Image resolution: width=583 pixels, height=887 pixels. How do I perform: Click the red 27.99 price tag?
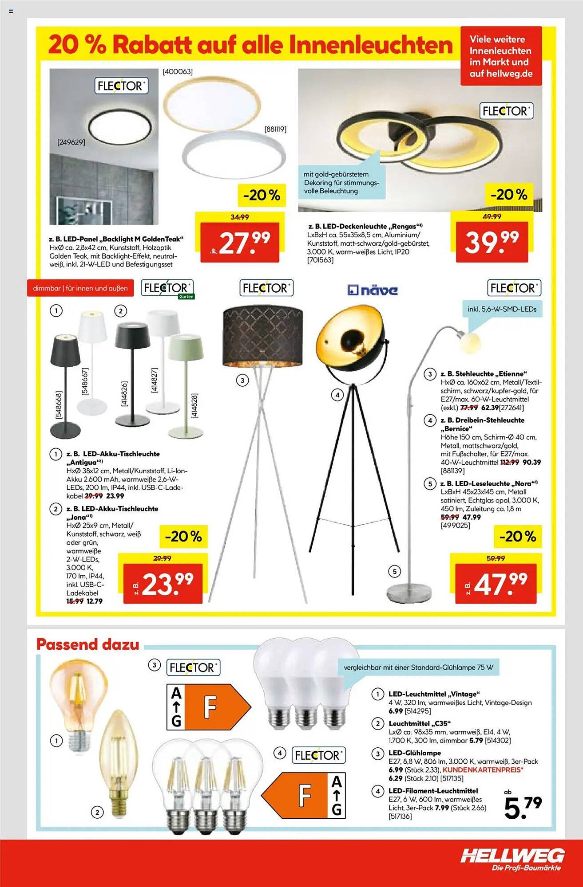(x=240, y=243)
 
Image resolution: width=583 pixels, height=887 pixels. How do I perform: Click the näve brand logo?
(x=372, y=290)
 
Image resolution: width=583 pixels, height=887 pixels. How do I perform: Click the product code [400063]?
(x=178, y=72)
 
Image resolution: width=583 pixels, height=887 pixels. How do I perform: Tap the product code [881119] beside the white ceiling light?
(x=275, y=130)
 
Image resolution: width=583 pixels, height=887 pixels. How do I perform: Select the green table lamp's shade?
(x=186, y=347)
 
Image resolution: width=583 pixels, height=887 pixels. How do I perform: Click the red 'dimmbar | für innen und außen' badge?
(x=80, y=288)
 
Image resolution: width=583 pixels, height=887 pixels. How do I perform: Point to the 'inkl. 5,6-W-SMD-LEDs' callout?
(x=502, y=309)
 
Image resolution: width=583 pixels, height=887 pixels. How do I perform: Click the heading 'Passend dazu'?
(x=88, y=644)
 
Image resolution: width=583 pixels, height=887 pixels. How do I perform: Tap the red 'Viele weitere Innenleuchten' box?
(x=501, y=56)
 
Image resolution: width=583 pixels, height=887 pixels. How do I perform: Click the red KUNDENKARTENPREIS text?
(x=483, y=770)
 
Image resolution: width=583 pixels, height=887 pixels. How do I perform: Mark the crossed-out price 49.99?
(x=492, y=216)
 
